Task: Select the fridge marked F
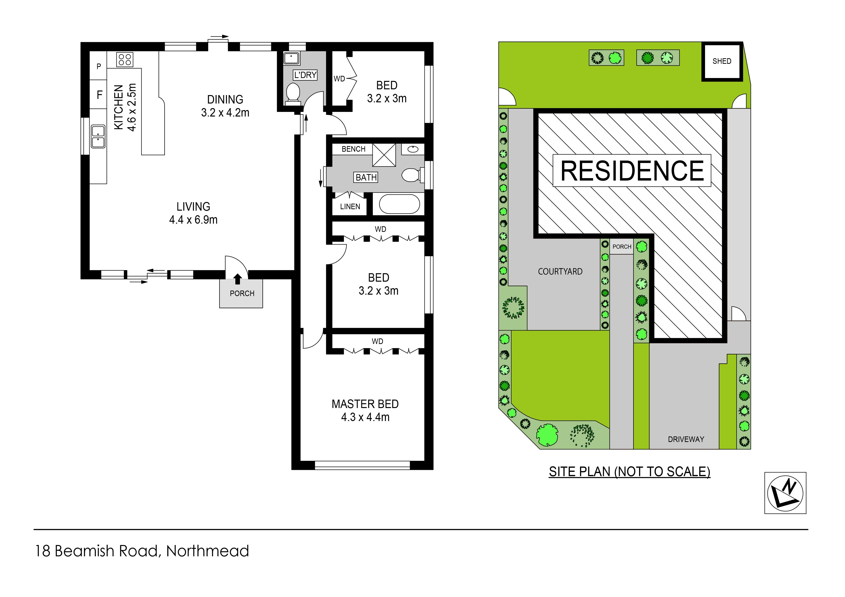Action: (x=99, y=95)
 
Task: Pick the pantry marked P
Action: (x=99, y=66)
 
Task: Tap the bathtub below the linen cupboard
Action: (x=399, y=204)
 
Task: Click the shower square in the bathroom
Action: (x=384, y=155)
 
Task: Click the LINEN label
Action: (x=350, y=207)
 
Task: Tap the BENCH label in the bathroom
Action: (x=353, y=149)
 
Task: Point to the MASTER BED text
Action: (x=365, y=404)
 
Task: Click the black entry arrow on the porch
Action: (x=238, y=279)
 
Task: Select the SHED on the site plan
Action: (x=722, y=61)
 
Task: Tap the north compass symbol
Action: (x=785, y=493)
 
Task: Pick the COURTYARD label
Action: (x=560, y=272)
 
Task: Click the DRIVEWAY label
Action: (x=686, y=439)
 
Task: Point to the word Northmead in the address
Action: (x=208, y=551)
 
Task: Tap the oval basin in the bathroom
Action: (x=413, y=149)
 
